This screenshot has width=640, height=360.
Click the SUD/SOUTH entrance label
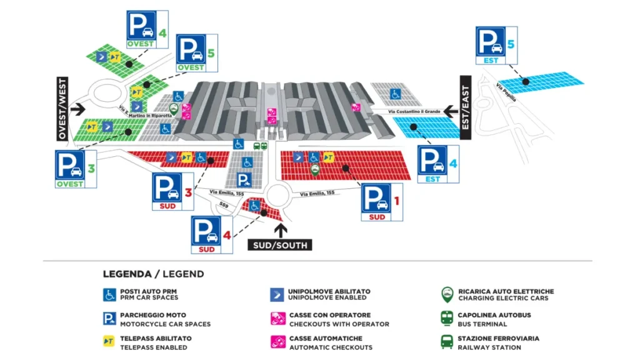280,245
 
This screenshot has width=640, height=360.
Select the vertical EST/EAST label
465,102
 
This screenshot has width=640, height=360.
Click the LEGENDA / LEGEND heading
153,274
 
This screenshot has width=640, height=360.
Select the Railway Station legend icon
447,342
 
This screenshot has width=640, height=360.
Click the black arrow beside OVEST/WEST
77,109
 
